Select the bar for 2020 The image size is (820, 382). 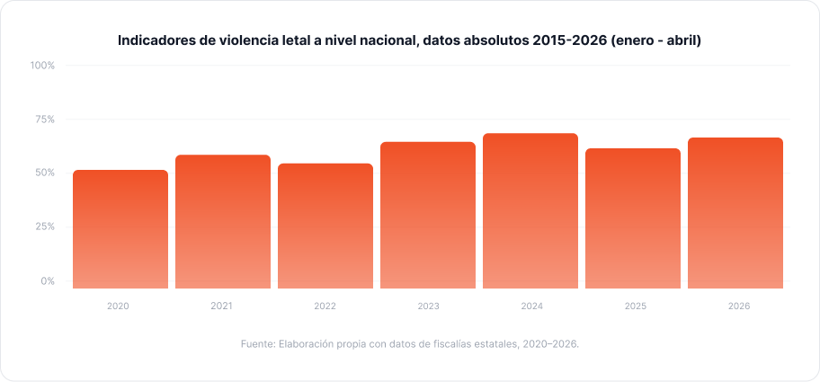tap(120, 229)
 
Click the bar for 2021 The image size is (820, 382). tap(223, 222)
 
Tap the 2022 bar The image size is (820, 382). tap(325, 226)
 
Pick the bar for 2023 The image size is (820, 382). tap(428, 216)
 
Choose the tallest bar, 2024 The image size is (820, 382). tap(530, 210)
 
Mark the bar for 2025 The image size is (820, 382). tap(633, 218)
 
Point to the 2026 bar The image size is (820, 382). tap(735, 213)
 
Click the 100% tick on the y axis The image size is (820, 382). tap(43, 66)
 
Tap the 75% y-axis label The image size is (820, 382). tap(44, 120)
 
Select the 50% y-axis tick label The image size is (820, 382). tap(44, 173)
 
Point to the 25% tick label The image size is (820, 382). tap(44, 227)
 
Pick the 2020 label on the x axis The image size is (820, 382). tap(118, 306)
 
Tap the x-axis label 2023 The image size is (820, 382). tap(428, 306)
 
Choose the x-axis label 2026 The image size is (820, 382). tap(739, 306)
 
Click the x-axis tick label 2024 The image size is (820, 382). tap(532, 306)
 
